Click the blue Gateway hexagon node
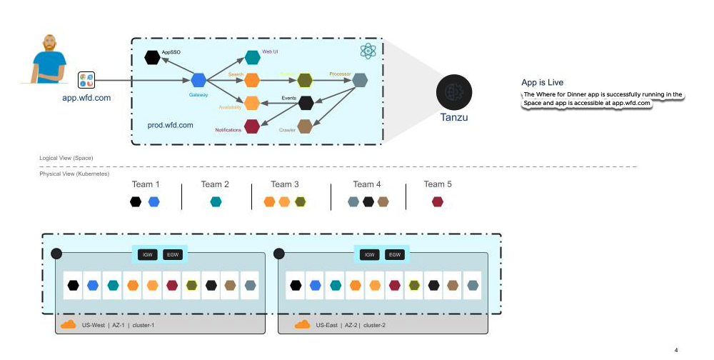tap(198, 80)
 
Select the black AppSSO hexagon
tap(152, 57)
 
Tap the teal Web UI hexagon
tap(251, 57)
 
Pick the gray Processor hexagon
tap(361, 80)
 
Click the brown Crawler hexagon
tap(305, 126)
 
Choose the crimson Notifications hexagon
tap(251, 126)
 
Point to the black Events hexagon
tap(306, 103)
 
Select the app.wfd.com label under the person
tap(86, 98)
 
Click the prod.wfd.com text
tap(171, 125)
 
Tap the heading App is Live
tap(543, 83)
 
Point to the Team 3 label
tap(286, 184)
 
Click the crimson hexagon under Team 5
tap(438, 202)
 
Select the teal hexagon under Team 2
tap(216, 202)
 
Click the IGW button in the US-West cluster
tap(146, 254)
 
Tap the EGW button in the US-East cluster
tap(394, 254)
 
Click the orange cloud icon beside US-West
tap(68, 325)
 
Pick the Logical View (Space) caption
tap(66, 158)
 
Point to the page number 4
tap(676, 350)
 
